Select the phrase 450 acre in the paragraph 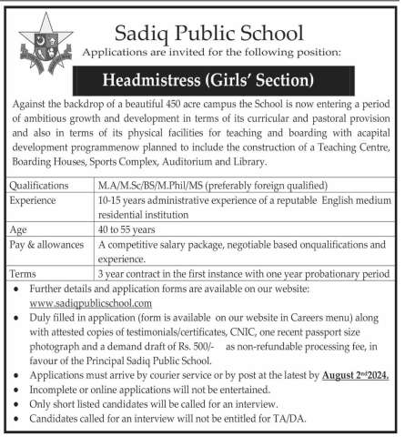coord(203,106)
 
